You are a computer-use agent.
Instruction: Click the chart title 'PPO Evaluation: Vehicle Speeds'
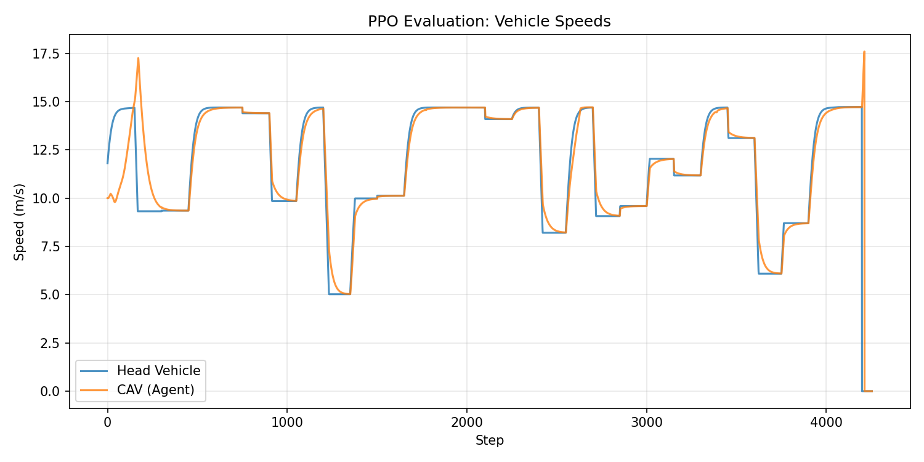489,22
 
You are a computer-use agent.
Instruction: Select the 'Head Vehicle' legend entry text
159,371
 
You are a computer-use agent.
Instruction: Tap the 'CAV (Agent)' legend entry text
155,389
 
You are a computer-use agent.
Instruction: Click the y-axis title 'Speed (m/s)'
20,222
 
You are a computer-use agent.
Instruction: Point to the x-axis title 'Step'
489,440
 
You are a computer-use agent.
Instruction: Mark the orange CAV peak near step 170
138,59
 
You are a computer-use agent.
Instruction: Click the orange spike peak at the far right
864,52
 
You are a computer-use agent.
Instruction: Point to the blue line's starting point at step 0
108,163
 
